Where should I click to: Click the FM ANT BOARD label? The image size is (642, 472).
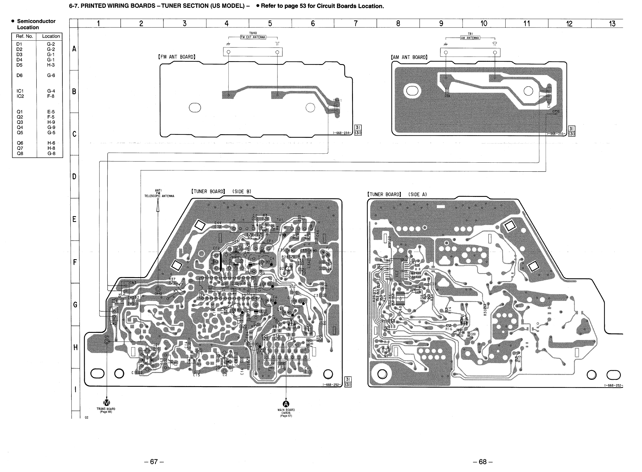click(177, 57)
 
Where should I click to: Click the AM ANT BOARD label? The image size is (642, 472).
click(409, 57)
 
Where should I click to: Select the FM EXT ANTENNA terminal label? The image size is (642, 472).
click(253, 37)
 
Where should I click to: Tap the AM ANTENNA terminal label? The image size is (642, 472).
click(470, 38)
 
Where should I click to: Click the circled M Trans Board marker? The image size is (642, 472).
click(107, 402)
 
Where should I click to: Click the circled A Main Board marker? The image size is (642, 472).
click(286, 404)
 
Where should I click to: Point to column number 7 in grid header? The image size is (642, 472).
click(356, 23)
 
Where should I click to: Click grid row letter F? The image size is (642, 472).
click(75, 262)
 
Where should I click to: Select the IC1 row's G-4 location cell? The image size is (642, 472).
click(51, 91)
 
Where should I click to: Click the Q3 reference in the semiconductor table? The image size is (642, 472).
click(20, 122)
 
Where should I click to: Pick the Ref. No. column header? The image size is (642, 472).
click(24, 36)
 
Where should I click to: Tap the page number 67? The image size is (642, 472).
click(154, 462)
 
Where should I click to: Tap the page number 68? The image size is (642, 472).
click(483, 462)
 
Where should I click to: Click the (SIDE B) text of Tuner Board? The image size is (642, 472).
click(241, 191)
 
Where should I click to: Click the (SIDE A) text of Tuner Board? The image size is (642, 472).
click(417, 194)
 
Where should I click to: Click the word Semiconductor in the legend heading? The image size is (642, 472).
click(36, 21)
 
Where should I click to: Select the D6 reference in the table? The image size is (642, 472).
click(19, 75)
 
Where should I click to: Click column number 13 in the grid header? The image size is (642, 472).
click(612, 23)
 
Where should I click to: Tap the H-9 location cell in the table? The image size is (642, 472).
click(51, 122)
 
